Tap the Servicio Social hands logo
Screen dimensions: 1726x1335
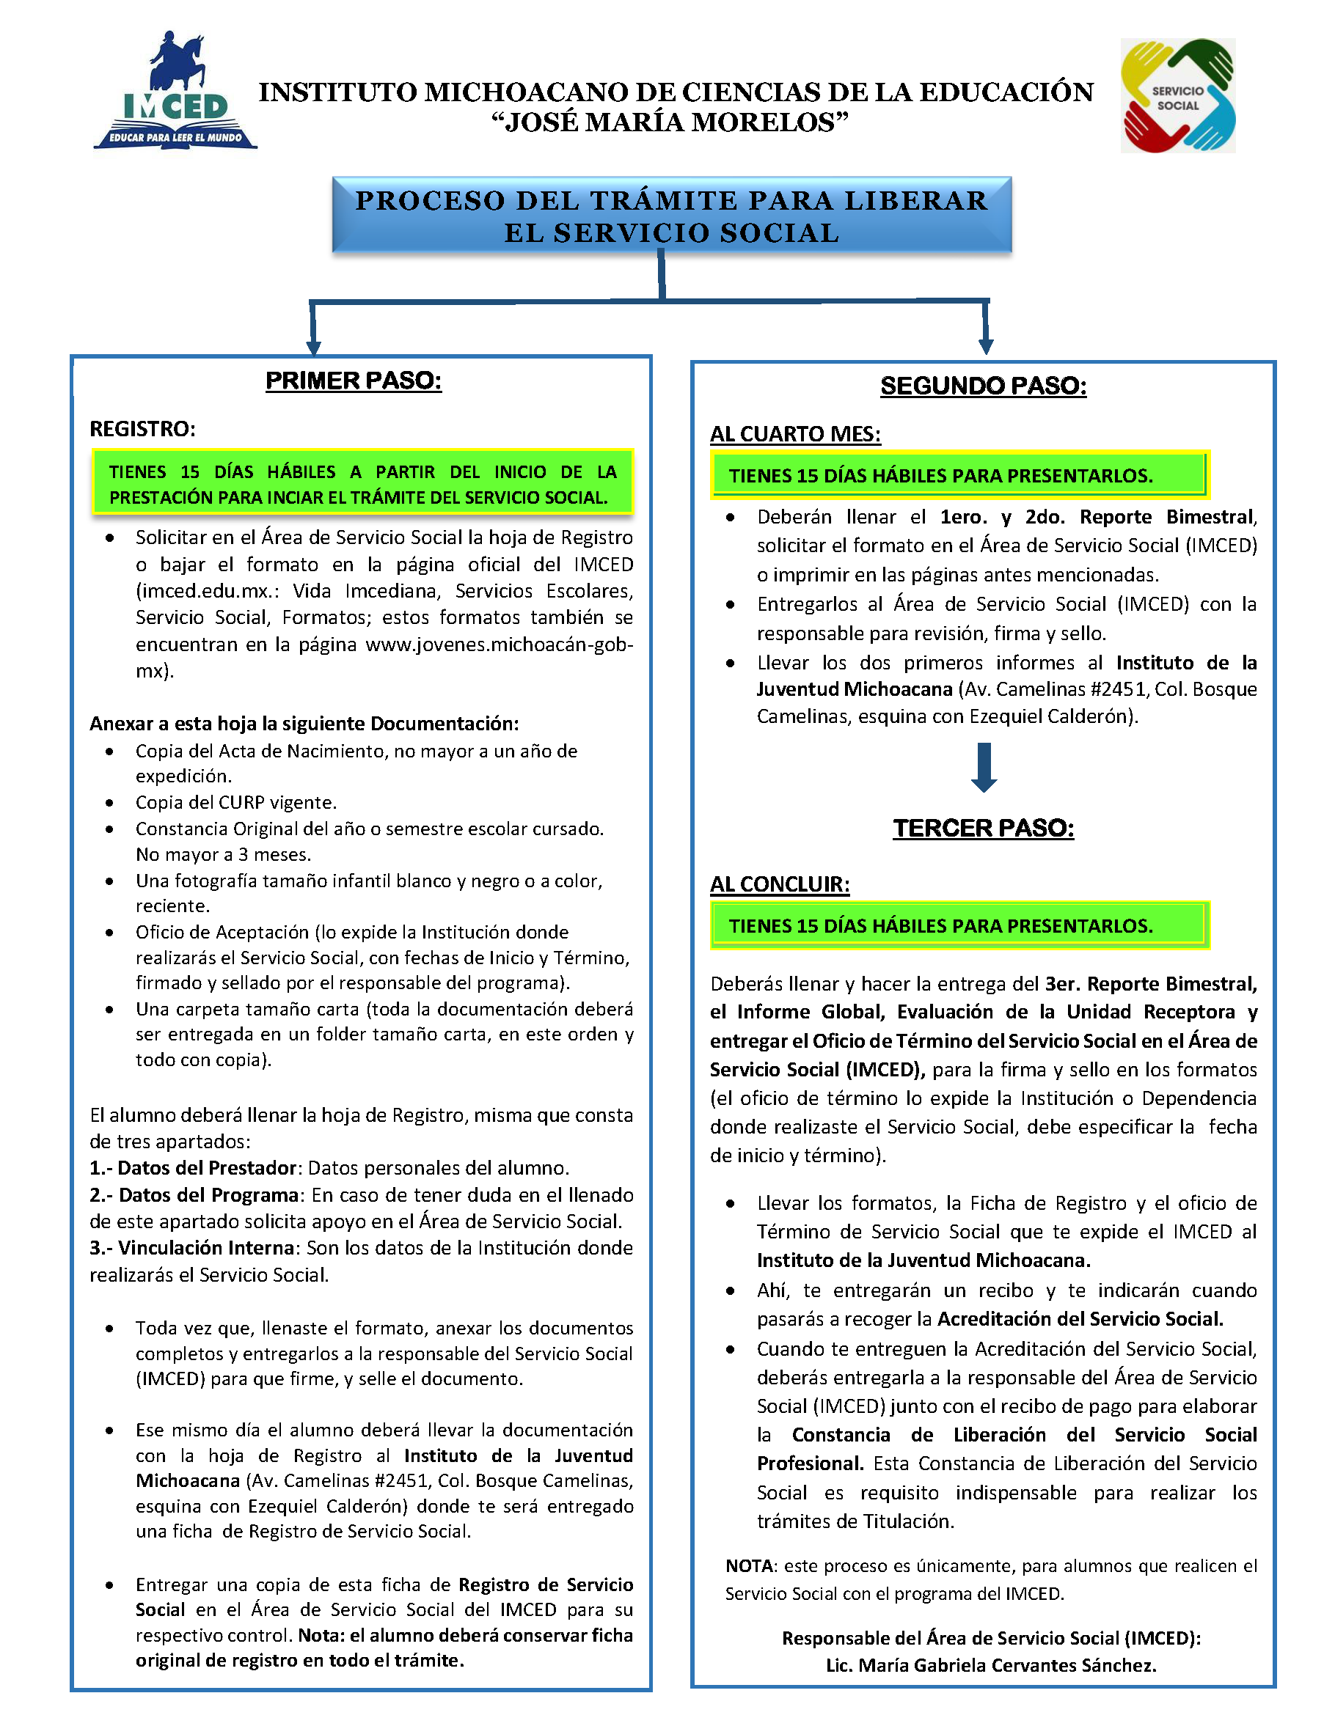tap(1178, 95)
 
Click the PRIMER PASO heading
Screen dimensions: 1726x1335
tap(354, 381)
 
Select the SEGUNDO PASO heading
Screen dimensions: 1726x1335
tap(983, 386)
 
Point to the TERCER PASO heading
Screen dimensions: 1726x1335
tap(983, 829)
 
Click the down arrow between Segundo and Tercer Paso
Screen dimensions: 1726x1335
tap(983, 768)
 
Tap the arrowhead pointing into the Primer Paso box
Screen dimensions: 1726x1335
tap(314, 347)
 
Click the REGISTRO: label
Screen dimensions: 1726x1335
tap(142, 429)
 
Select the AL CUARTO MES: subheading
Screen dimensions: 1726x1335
tap(794, 435)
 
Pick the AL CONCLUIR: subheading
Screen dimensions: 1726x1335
tap(779, 884)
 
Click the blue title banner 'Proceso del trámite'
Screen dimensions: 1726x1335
tap(671, 216)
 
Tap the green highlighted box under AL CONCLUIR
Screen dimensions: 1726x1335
tap(959, 925)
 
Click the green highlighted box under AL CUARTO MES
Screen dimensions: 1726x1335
tap(959, 476)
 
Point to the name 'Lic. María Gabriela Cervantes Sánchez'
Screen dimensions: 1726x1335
tap(991, 1665)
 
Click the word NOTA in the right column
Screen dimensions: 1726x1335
tap(750, 1565)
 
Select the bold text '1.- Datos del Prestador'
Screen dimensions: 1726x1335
tap(193, 1168)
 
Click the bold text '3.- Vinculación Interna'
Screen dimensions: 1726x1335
tap(192, 1248)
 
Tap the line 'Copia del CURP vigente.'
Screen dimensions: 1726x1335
tap(235, 802)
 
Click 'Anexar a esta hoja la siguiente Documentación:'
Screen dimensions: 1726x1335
tap(304, 724)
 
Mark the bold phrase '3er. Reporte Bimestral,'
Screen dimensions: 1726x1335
tap(1151, 984)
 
